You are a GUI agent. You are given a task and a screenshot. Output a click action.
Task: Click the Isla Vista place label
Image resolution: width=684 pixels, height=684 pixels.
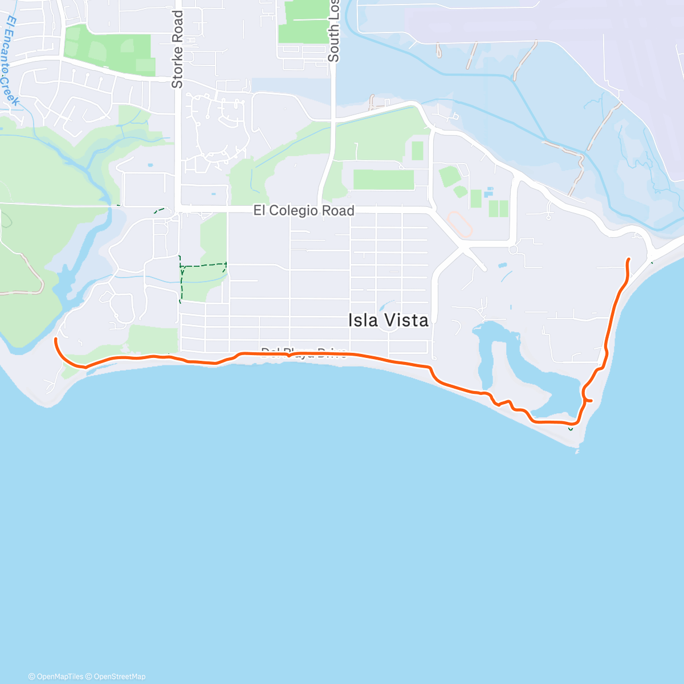pos(388,320)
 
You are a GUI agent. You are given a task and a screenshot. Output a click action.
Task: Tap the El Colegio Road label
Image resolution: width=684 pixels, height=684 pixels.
pos(304,211)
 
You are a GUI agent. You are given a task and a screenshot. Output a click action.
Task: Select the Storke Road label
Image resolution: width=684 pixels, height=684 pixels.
pos(177,50)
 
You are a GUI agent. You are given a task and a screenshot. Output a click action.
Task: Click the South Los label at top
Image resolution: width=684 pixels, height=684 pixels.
pos(333,31)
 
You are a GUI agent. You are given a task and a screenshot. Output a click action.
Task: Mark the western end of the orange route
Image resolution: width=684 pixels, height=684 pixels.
pos(55,339)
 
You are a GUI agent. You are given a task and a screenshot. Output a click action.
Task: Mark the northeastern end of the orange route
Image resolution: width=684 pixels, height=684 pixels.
pos(629,259)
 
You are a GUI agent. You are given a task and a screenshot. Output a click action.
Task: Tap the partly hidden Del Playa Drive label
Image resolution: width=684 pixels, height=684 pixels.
pos(303,351)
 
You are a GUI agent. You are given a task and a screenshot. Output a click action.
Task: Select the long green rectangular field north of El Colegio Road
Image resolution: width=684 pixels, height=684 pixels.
pos(383,180)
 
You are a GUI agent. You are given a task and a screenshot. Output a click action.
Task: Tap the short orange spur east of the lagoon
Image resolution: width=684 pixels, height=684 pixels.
pos(588,400)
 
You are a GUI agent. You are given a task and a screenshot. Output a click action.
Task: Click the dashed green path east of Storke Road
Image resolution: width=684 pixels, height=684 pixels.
pos(203,265)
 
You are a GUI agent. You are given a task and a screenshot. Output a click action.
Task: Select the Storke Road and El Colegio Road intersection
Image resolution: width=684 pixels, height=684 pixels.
pos(177,210)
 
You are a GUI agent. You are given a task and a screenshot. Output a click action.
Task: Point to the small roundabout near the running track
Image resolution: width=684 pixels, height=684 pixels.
pos(512,250)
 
